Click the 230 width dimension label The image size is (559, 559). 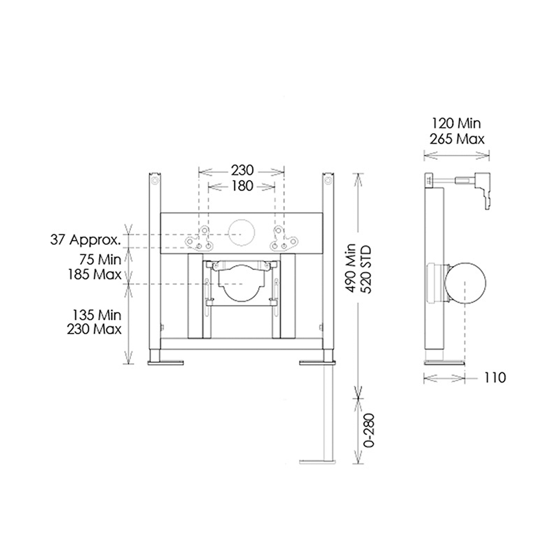coord(241,170)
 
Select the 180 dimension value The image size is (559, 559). coord(241,186)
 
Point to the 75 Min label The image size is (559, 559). coord(100,260)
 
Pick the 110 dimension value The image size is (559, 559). coord(495,378)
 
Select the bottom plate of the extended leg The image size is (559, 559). coord(318,462)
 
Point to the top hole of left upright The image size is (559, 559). coord(155,181)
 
